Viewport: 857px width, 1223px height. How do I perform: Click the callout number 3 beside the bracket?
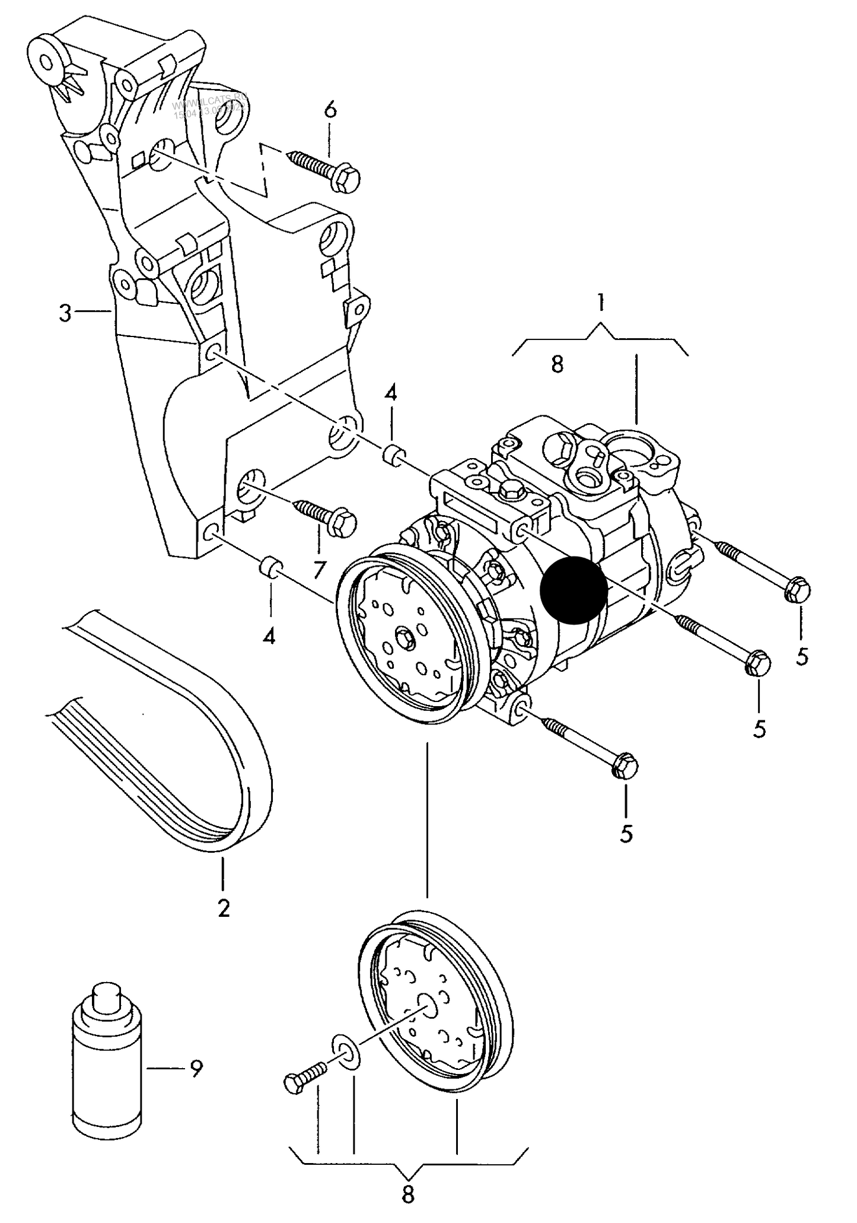point(66,313)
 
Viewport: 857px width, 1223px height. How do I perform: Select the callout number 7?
point(319,570)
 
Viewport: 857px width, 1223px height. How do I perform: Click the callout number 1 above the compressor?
point(600,303)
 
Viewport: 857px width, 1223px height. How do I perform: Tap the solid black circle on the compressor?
point(574,590)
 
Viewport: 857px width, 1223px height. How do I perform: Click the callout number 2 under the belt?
point(223,908)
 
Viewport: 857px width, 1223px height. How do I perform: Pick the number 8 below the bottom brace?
point(407,1194)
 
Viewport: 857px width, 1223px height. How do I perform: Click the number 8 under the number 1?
point(556,364)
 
